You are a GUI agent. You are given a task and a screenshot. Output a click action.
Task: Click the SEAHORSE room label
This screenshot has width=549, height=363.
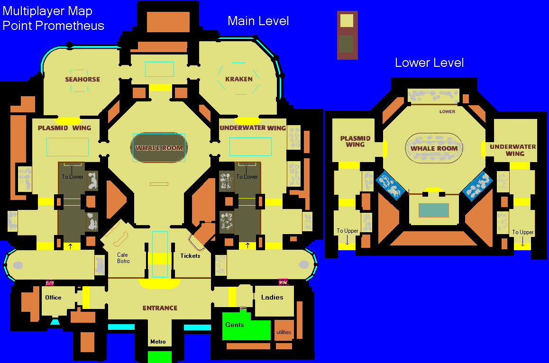pyautogui.click(x=82, y=80)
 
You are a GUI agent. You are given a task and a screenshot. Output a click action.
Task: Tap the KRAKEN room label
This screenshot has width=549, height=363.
pyautogui.click(x=239, y=79)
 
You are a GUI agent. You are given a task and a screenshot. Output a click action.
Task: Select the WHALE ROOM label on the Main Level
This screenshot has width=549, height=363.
pyautogui.click(x=159, y=148)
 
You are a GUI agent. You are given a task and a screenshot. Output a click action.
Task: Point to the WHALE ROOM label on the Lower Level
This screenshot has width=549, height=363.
pyautogui.click(x=434, y=148)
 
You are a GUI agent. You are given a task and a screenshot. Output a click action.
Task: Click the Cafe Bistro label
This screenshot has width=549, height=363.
pyautogui.click(x=123, y=258)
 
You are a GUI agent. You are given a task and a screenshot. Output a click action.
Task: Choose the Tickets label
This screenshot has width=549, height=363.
pyautogui.click(x=190, y=256)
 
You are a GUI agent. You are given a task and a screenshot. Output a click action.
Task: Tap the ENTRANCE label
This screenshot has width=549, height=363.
pyautogui.click(x=160, y=308)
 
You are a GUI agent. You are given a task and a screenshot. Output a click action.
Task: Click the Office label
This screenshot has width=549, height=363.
pyautogui.click(x=53, y=298)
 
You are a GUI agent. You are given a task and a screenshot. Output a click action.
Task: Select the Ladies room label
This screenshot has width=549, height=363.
pyautogui.click(x=272, y=297)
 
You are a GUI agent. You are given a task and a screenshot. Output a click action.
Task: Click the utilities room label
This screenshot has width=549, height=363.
pyautogui.click(x=284, y=332)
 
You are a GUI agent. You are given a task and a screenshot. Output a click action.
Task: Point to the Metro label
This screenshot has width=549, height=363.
pyautogui.click(x=158, y=342)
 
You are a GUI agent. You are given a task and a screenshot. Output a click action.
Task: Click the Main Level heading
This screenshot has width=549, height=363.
pyautogui.click(x=258, y=21)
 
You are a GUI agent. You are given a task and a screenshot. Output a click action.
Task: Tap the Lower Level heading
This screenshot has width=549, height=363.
pyautogui.click(x=429, y=63)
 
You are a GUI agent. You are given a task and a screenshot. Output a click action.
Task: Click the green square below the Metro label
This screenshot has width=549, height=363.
pyautogui.click(x=160, y=357)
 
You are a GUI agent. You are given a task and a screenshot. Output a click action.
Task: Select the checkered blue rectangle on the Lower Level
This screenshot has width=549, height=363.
pyautogui.click(x=433, y=210)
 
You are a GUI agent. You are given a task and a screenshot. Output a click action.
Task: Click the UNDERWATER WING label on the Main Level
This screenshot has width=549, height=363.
pyautogui.click(x=252, y=128)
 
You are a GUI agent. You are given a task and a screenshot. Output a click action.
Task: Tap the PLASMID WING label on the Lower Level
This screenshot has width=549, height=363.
pyautogui.click(x=355, y=141)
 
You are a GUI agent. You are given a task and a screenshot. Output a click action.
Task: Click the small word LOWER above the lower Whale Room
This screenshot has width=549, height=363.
pyautogui.click(x=447, y=112)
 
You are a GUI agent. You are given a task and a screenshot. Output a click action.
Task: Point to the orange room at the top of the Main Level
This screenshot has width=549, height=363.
pyautogui.click(x=168, y=22)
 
